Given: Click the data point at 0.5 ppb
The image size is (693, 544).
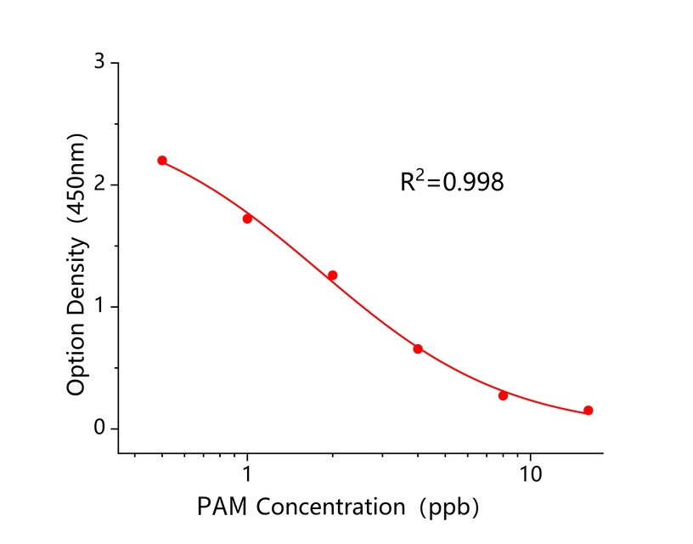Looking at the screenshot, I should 162,161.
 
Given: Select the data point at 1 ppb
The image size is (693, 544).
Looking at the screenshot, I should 247,218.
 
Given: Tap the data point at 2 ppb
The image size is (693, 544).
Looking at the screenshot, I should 332,275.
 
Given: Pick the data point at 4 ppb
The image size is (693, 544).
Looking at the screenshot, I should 418,348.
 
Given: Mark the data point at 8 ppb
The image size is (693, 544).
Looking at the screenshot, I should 503,395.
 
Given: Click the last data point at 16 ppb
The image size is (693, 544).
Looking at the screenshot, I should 588,411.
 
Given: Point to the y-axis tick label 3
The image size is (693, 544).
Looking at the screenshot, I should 100,63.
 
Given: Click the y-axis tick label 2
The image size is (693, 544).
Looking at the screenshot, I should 100,184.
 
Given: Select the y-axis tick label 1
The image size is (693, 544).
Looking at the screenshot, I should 100,306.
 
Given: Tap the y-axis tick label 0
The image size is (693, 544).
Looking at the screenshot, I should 100,428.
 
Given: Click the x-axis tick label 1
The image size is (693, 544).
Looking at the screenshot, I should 247,474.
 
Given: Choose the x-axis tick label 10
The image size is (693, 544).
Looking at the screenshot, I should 531,474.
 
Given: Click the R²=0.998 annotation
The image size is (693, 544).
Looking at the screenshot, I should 452,181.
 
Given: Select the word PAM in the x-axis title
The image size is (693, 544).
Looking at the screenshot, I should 223,507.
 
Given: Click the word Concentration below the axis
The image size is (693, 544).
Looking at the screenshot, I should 330,507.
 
